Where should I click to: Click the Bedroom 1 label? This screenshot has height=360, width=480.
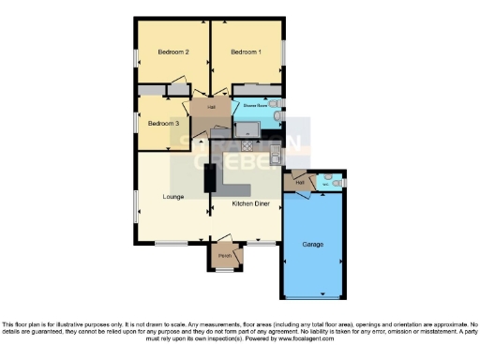coord(246,52)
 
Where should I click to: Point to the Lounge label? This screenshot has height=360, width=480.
coord(172,197)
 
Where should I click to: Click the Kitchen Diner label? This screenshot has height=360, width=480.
coord(247,202)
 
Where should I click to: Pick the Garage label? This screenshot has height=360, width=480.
coord(312,244)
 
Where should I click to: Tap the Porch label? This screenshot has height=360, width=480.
coord(225,255)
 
